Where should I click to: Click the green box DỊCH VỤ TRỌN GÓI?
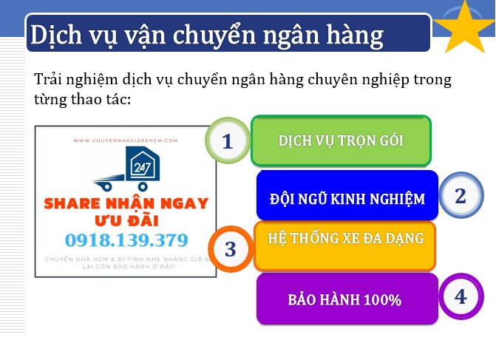(341, 140)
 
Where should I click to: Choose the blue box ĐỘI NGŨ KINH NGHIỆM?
(347, 195)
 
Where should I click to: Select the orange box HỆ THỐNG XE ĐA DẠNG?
(344, 246)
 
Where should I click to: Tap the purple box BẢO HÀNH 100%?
(347, 299)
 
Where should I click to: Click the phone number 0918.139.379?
(126, 240)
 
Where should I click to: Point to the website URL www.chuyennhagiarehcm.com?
(126, 140)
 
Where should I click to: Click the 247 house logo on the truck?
(143, 163)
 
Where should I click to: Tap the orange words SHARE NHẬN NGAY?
(126, 203)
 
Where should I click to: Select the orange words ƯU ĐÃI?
(126, 220)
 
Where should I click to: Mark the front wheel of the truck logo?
(143, 186)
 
